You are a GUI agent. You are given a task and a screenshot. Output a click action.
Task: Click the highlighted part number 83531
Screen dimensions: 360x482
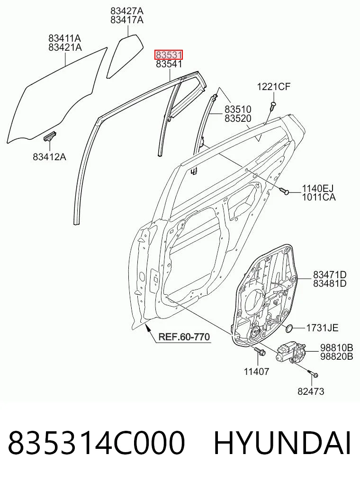(x=169, y=55)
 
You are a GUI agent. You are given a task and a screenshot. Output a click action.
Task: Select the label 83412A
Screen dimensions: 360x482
(x=49, y=157)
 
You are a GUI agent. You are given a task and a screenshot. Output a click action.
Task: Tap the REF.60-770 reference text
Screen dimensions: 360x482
(x=184, y=337)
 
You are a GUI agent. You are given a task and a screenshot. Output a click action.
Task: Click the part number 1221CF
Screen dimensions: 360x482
(x=274, y=87)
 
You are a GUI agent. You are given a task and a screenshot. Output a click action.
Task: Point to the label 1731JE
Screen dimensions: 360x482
(x=322, y=328)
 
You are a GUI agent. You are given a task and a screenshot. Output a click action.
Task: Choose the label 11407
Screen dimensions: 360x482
(x=256, y=372)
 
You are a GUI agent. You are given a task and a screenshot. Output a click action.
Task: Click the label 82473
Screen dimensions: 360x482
(x=311, y=391)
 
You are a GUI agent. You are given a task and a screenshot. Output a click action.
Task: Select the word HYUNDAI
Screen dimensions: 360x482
(x=282, y=443)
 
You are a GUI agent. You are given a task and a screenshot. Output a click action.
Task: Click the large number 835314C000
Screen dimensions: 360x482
(x=97, y=443)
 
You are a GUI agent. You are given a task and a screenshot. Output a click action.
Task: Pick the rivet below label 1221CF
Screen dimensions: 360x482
(x=273, y=105)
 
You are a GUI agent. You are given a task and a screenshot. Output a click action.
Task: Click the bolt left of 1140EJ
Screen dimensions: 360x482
(x=284, y=191)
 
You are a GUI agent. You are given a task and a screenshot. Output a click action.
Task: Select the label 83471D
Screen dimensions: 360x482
(x=330, y=274)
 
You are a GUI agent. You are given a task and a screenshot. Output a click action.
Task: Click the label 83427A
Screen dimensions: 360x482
(x=127, y=11)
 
